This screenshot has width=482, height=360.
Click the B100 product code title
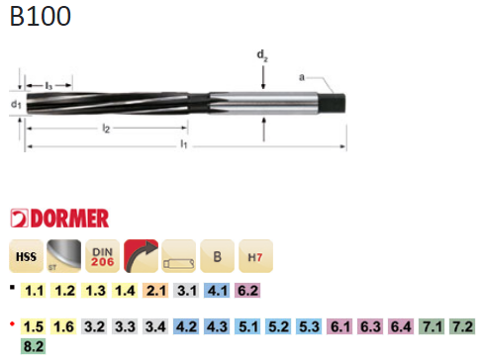41,16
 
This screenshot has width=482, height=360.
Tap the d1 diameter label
16,104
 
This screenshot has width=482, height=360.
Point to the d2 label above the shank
262,55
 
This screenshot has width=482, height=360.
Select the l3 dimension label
48,86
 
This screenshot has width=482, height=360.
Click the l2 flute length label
106,129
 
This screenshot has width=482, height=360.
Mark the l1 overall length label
184,143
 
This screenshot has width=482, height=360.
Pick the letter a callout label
302,77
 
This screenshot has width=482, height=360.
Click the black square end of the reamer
333,102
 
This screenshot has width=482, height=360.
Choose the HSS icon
26,256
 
